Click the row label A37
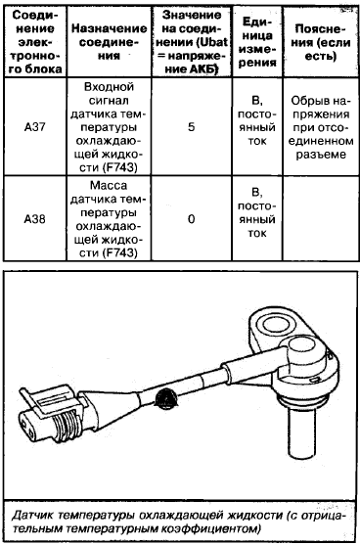(35, 127)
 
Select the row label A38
(35, 220)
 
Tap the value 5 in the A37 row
(192, 127)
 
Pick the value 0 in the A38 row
(192, 220)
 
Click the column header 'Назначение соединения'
(109, 42)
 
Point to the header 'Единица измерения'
(257, 42)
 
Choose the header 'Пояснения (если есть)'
(320, 42)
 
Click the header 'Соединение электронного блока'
(35, 42)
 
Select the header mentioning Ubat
(192, 42)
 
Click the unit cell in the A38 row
(257, 212)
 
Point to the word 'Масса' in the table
(109, 186)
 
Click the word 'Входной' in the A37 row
(109, 87)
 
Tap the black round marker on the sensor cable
(166, 397)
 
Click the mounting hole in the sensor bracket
(277, 324)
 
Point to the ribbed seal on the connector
(67, 424)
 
